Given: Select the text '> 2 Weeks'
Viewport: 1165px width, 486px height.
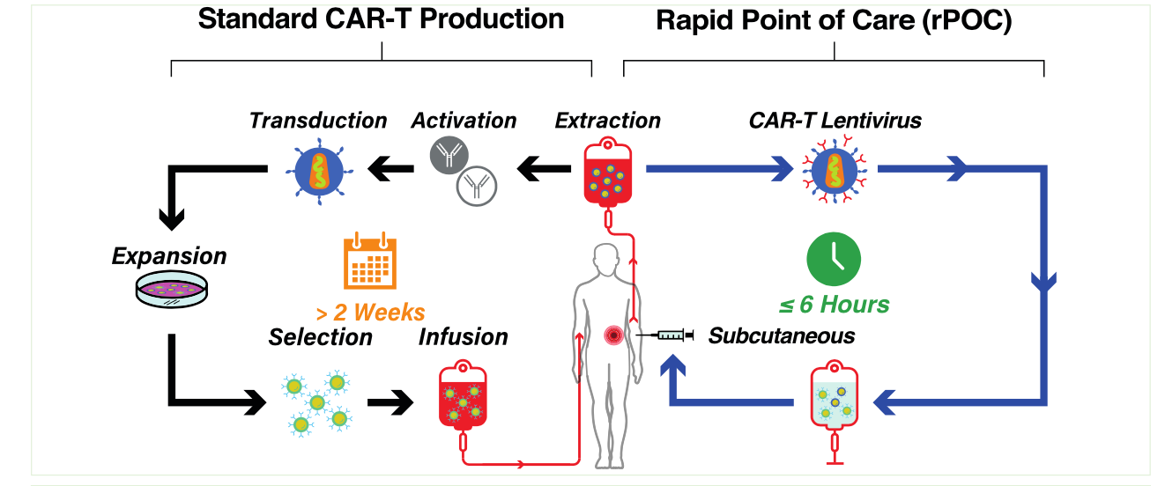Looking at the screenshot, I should (x=370, y=312).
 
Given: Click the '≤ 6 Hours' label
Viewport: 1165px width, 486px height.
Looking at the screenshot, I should (x=834, y=306).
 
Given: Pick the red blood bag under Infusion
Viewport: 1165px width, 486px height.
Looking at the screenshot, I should (x=464, y=401).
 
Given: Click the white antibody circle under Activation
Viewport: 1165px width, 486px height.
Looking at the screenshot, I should (x=477, y=185).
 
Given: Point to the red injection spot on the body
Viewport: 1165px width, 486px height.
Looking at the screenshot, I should (x=613, y=335).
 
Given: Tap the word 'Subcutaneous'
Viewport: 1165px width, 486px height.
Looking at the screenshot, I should (x=781, y=335).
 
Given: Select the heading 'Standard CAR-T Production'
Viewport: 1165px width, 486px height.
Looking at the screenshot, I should (x=381, y=19).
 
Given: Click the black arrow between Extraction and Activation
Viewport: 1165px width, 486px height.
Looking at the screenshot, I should (x=541, y=168).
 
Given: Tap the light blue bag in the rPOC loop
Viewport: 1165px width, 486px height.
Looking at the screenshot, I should (x=834, y=401).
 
